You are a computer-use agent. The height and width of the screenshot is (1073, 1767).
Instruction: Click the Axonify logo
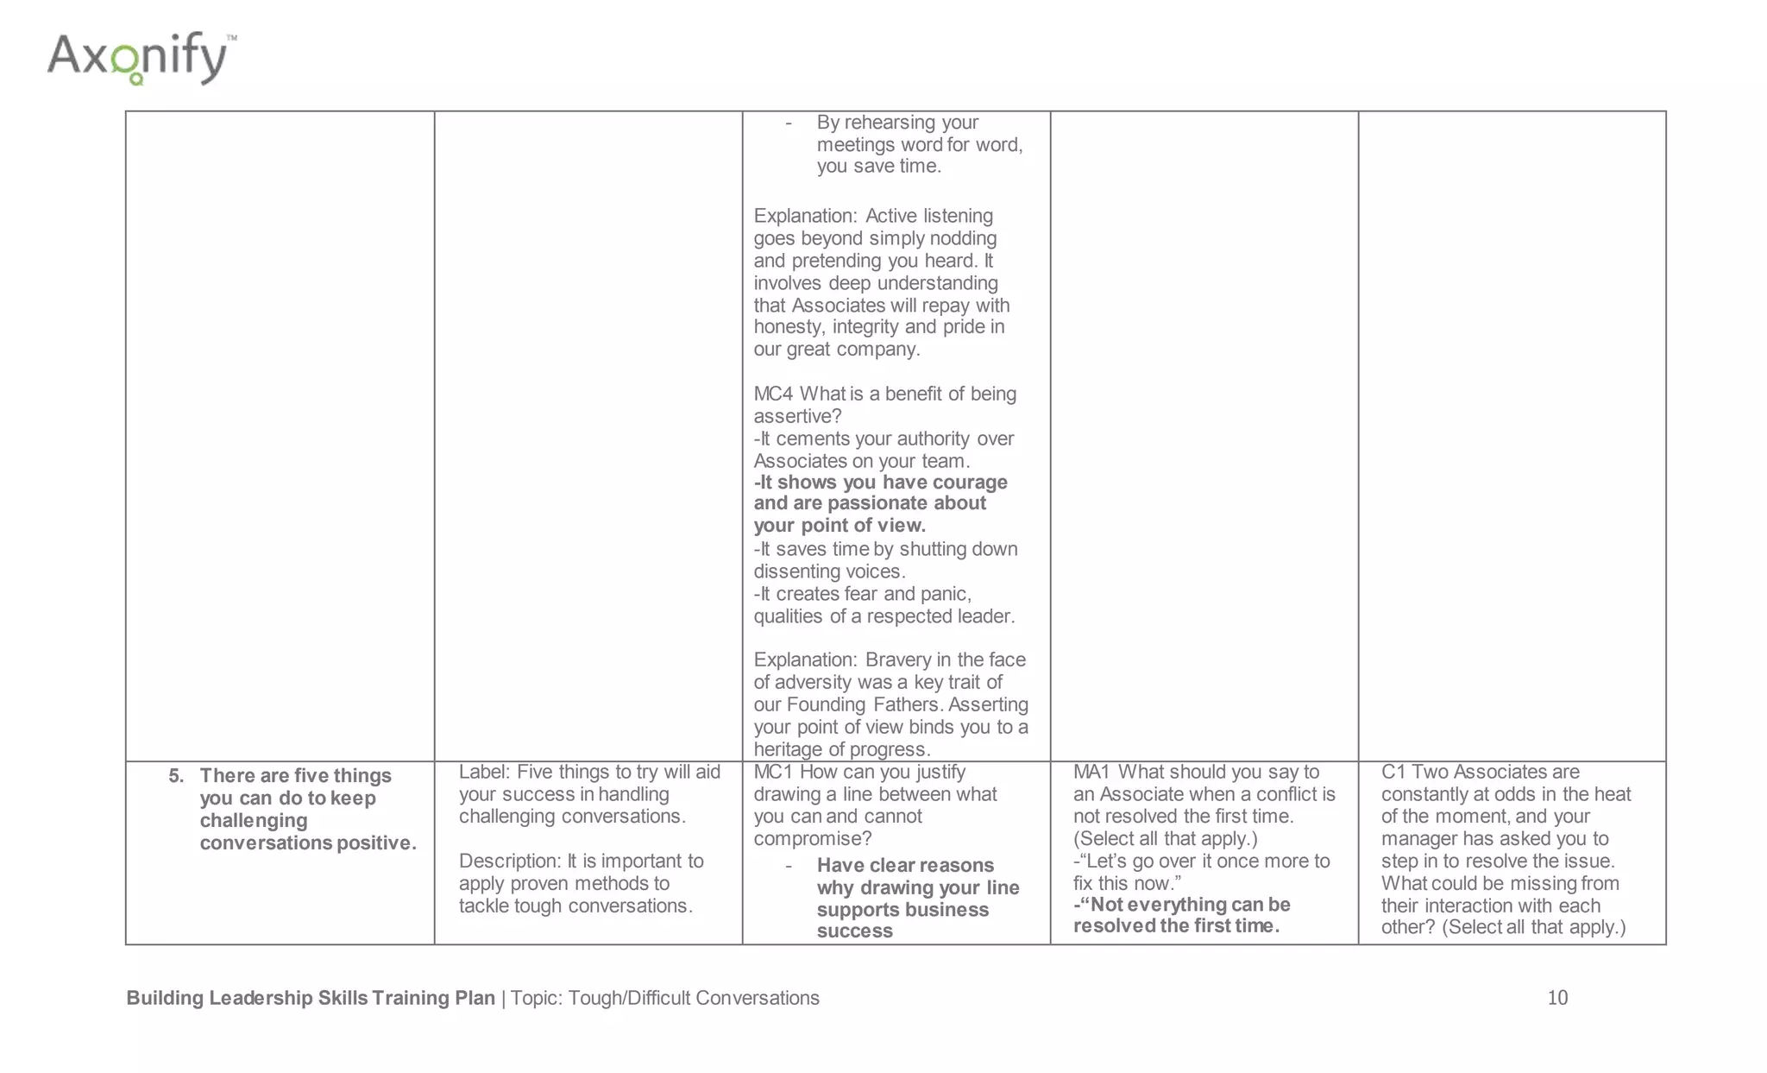(141, 59)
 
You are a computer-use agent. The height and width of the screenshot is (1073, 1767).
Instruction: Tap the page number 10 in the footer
(1556, 998)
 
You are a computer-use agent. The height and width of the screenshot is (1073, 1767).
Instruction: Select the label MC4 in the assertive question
(773, 394)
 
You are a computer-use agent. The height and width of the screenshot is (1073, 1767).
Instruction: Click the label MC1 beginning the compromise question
(773, 773)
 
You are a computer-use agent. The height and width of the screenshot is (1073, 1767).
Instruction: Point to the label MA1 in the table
(1091, 773)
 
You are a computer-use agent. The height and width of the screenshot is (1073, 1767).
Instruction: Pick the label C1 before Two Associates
(1393, 773)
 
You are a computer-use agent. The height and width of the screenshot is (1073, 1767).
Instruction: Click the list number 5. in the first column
(176, 776)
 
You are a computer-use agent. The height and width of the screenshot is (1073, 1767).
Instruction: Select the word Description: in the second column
(509, 862)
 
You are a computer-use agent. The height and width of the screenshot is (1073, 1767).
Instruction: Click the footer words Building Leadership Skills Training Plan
(311, 999)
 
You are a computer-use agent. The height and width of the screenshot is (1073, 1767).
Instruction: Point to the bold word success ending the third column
(854, 931)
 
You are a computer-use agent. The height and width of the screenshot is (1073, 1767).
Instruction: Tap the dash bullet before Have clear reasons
(789, 867)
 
